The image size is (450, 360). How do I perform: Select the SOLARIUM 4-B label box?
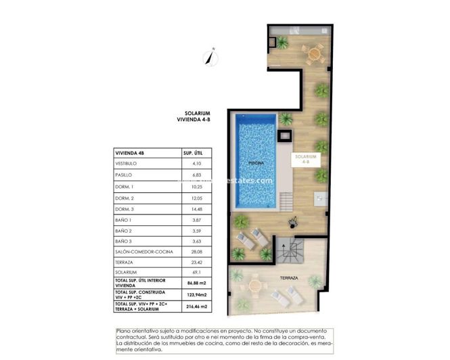[305, 159]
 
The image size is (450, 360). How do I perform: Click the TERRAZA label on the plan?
[290, 278]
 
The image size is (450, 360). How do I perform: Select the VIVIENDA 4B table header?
[130, 153]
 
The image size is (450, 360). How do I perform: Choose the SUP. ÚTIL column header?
[193, 153]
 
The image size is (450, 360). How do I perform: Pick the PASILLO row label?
[125, 175]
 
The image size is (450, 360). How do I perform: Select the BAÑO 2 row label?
[125, 230]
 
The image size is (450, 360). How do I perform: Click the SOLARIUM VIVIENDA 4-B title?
[198, 116]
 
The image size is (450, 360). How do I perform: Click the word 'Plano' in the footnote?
[125, 330]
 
